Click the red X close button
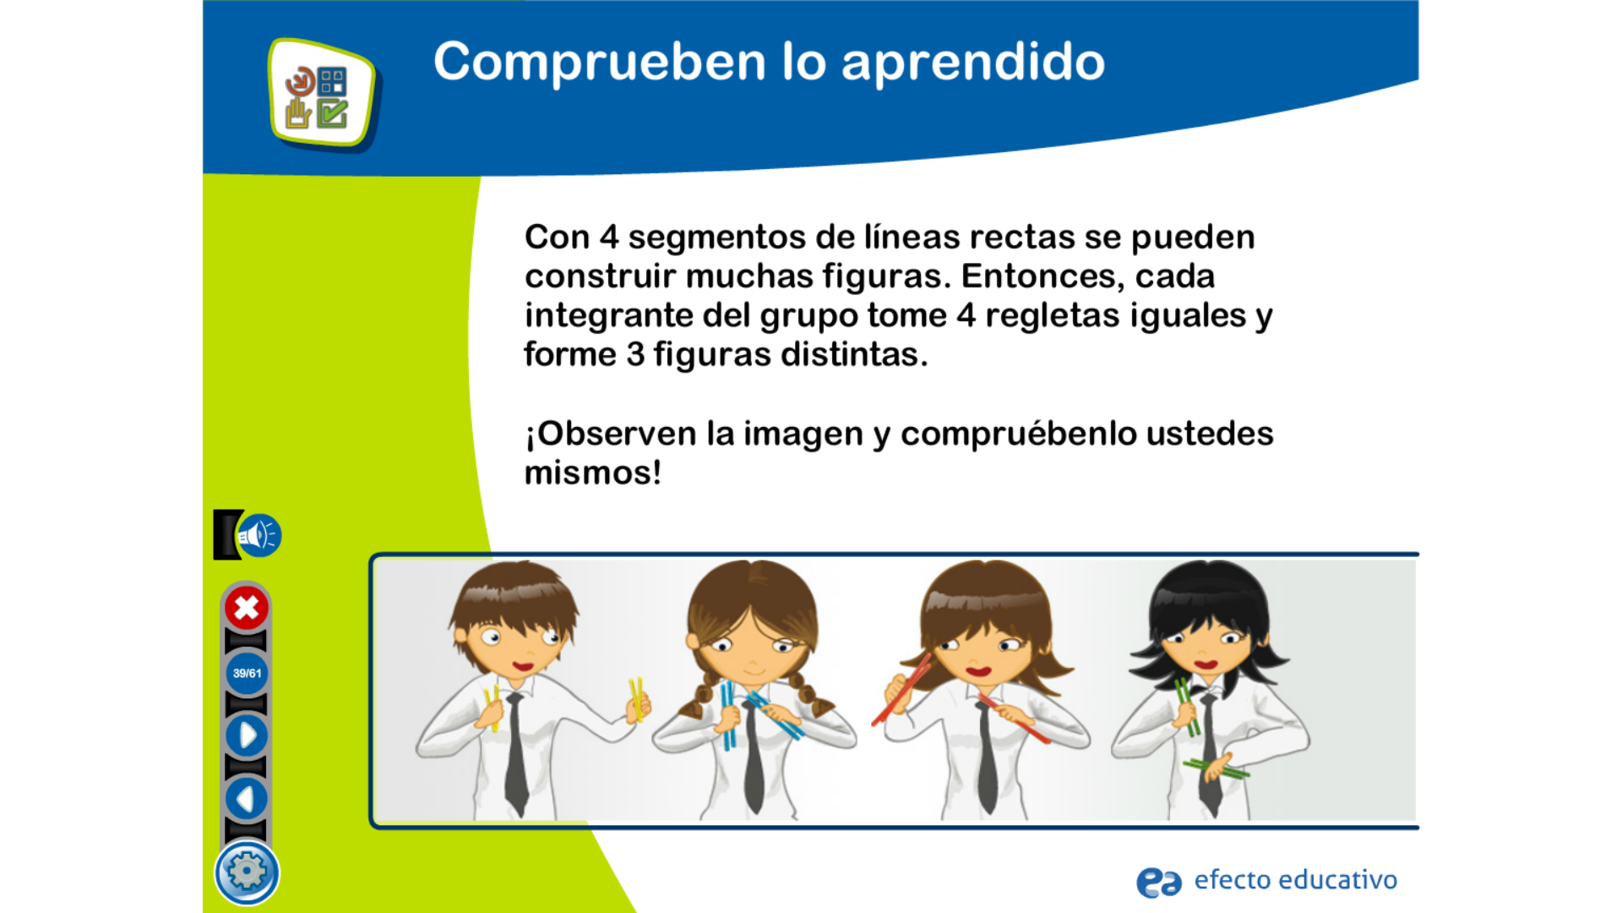246,608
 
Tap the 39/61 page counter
247,673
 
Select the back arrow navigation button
246,798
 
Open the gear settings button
247,872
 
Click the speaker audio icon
259,535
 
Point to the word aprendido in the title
973,63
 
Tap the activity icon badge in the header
323,93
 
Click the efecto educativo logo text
1295,880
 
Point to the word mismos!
592,473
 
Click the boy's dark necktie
515,752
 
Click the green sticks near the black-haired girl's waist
1216,768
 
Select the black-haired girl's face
1208,647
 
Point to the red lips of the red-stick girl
978,671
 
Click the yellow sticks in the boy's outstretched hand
636,699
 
